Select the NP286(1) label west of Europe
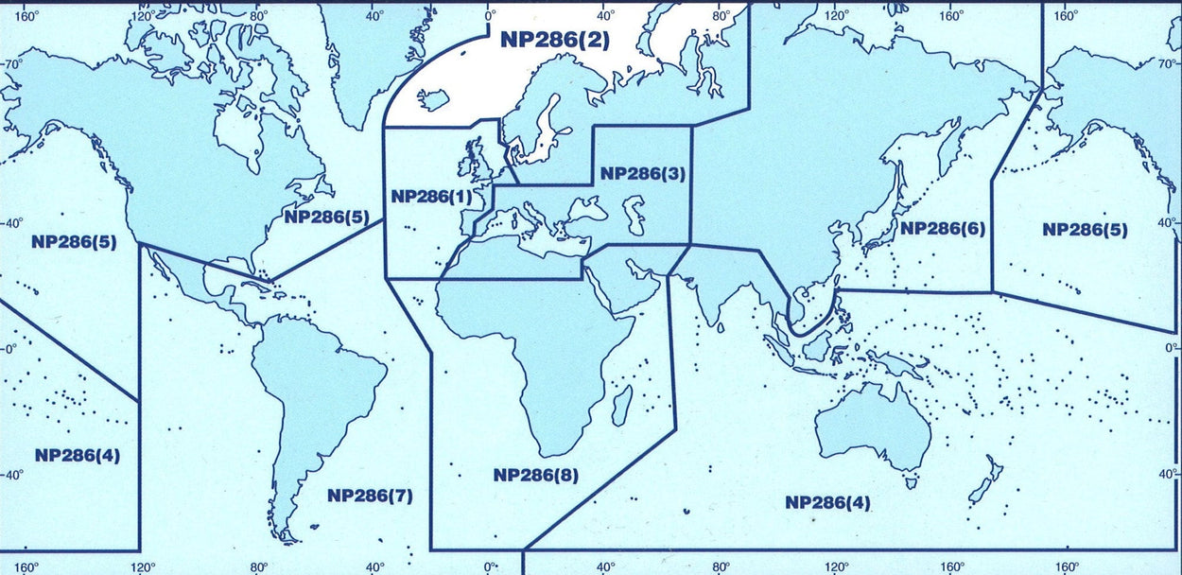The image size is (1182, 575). click(x=429, y=197)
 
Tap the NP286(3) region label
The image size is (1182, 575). click(x=643, y=174)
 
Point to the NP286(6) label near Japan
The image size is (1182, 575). click(x=942, y=228)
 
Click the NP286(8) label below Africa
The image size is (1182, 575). click(x=536, y=475)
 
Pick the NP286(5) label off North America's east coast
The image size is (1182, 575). click(x=326, y=217)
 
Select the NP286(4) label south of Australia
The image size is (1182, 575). click(x=827, y=502)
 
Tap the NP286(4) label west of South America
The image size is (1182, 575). click(x=77, y=455)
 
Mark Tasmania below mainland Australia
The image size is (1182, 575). click(x=912, y=482)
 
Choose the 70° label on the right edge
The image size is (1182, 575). click(x=1170, y=64)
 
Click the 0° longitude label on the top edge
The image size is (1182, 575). click(x=490, y=16)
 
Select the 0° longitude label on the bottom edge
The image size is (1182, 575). click(x=490, y=567)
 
